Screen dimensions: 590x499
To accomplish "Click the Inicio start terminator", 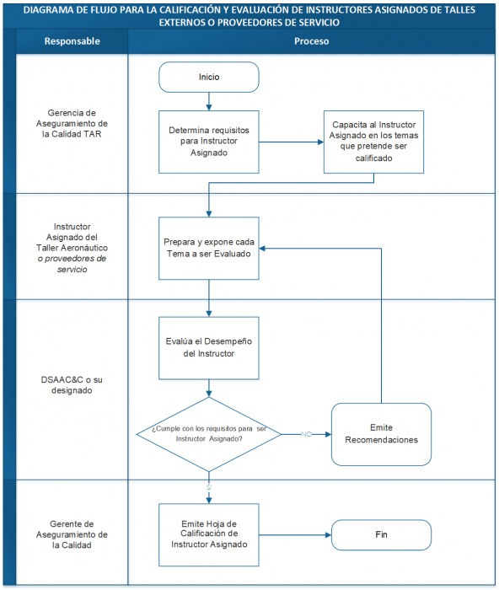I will coord(208,77).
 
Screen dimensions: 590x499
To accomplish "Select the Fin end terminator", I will coord(381,534).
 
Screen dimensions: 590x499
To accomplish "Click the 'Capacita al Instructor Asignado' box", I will coord(373,142).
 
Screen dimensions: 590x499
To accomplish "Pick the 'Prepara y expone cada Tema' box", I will coord(209,248).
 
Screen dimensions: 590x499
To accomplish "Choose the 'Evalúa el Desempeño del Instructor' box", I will coord(209,347).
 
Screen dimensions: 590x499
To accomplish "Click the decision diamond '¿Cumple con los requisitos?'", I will coord(209,433).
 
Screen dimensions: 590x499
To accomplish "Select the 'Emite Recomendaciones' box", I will coord(381,433).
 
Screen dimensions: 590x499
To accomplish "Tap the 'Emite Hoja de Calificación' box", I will coord(209,534).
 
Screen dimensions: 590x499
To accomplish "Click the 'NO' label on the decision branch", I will coord(306,433).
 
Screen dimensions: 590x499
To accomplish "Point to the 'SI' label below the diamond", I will coord(209,486).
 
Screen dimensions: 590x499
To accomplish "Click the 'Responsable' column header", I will coord(72,41).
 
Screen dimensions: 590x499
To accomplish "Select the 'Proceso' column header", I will coord(312,41).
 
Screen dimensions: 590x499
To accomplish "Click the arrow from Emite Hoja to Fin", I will coord(295,534).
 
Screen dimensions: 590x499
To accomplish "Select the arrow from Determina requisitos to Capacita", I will coord(291,142).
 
